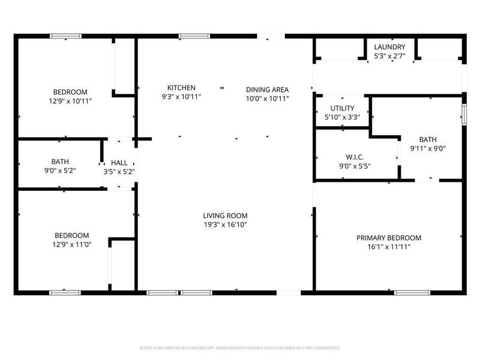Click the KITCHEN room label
(181, 88)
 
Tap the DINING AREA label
(268, 89)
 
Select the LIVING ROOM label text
(225, 215)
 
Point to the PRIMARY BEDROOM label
(389, 238)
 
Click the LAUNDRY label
(389, 47)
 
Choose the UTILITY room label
(342, 108)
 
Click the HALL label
(119, 162)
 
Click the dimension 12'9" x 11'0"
(72, 244)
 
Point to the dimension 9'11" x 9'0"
(428, 148)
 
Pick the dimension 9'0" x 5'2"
(60, 171)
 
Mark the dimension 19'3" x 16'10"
(225, 225)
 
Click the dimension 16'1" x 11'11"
(389, 247)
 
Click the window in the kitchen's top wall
(190, 37)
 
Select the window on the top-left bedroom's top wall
(65, 37)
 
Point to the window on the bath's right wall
(464, 114)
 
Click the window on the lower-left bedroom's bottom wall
(65, 293)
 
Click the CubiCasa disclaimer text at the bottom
(240, 348)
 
